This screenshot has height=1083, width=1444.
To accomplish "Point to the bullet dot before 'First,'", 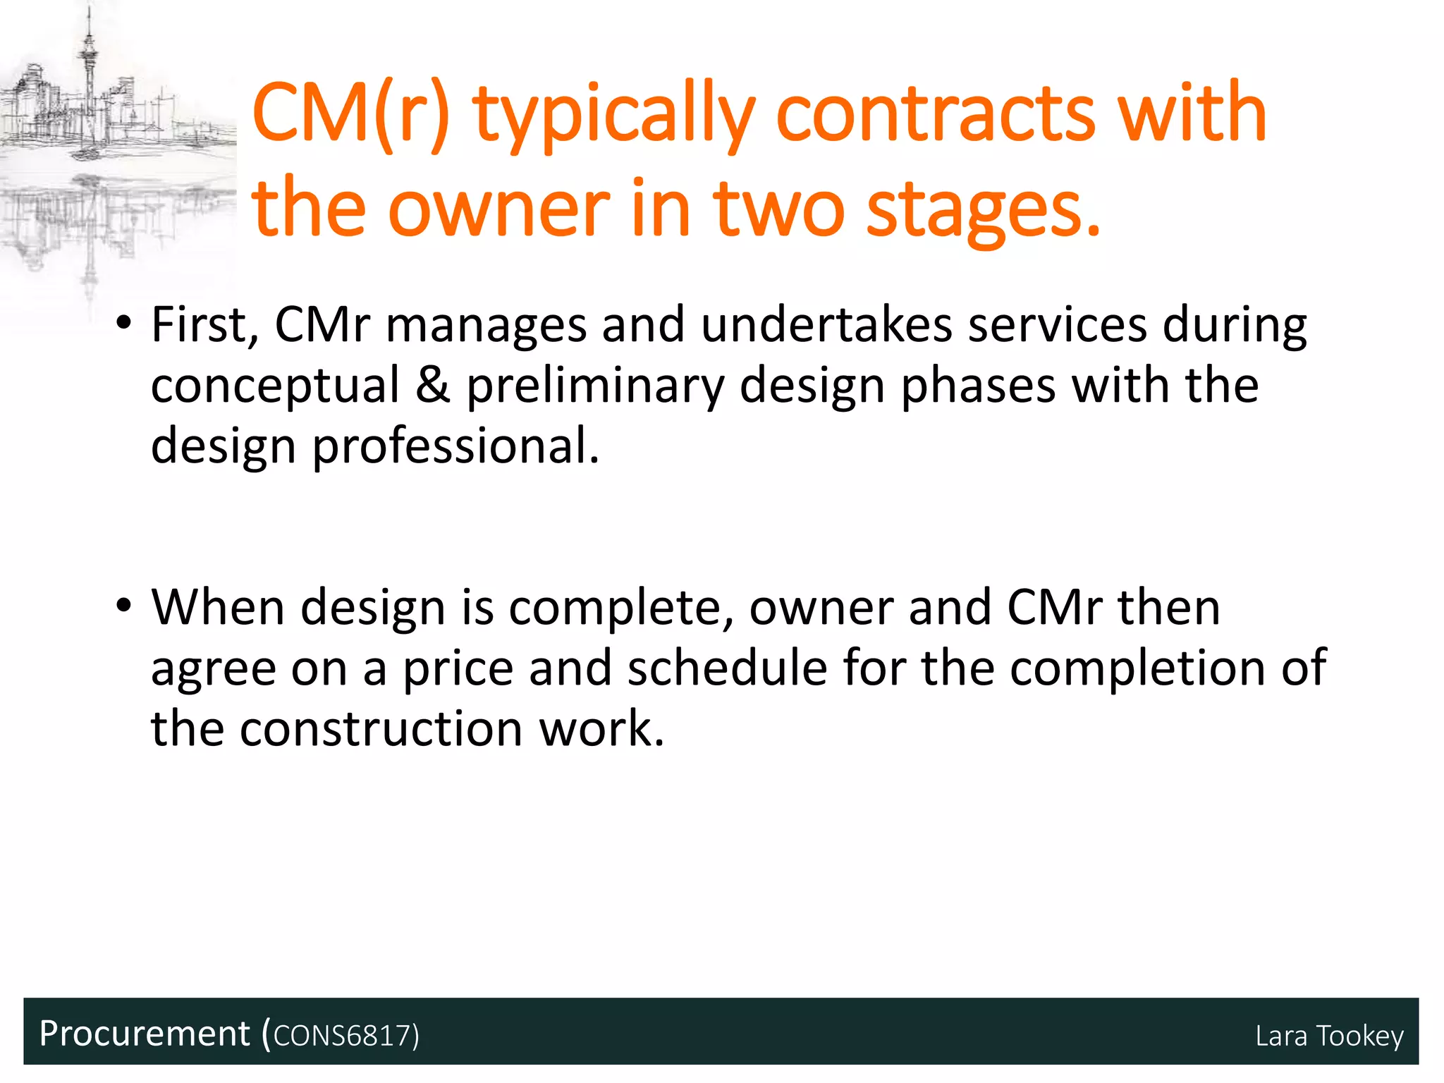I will [x=124, y=325].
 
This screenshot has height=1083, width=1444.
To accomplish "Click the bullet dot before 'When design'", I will [x=124, y=607].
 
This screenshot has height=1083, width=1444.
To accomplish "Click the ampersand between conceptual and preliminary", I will [x=433, y=386].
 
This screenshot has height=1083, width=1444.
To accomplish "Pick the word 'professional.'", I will [x=455, y=447].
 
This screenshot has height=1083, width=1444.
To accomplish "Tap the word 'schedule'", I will [x=727, y=668].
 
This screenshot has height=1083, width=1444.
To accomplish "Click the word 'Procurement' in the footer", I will [x=145, y=1034].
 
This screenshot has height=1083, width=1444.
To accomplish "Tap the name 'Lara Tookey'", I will [x=1329, y=1036].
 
